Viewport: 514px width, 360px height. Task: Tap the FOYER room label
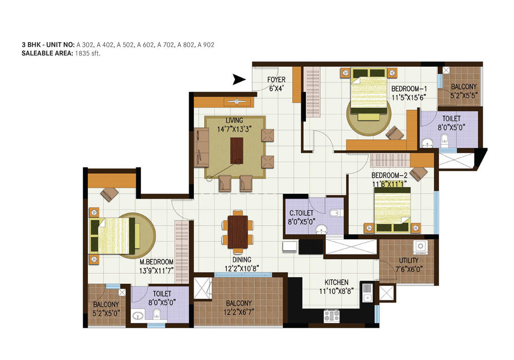click(x=276, y=80)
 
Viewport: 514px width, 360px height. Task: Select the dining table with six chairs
click(x=237, y=230)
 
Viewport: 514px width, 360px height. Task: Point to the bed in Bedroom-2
click(x=393, y=208)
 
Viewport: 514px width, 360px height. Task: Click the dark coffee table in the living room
click(x=236, y=149)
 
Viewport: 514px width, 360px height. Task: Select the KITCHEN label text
click(x=336, y=282)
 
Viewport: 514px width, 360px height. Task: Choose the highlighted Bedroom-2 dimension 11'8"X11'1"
click(x=389, y=183)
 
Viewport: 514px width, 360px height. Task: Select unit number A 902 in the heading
click(x=206, y=45)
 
